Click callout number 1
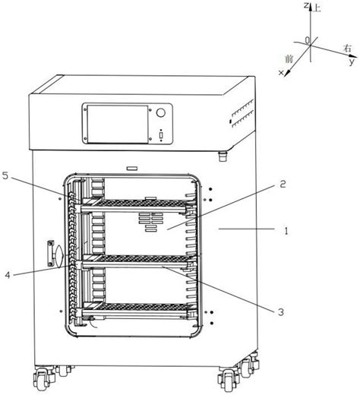coord(286,231)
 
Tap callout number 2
coord(283,184)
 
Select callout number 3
coord(281,312)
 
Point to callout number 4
coord(8,275)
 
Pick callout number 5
coord(5,176)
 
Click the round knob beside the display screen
coord(160,112)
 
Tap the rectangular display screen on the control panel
coord(118,125)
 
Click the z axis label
coord(306,5)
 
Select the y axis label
coord(352,62)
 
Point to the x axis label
coord(281,73)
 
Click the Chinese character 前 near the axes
coord(289,59)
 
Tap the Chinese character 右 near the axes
coord(347,48)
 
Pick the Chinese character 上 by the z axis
coord(317,8)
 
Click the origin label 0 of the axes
coord(308,40)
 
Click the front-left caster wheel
coord(43,379)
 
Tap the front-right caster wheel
coord(228,380)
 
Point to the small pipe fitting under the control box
coord(223,156)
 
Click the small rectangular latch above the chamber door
coord(132,169)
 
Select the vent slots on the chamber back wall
coord(151,222)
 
